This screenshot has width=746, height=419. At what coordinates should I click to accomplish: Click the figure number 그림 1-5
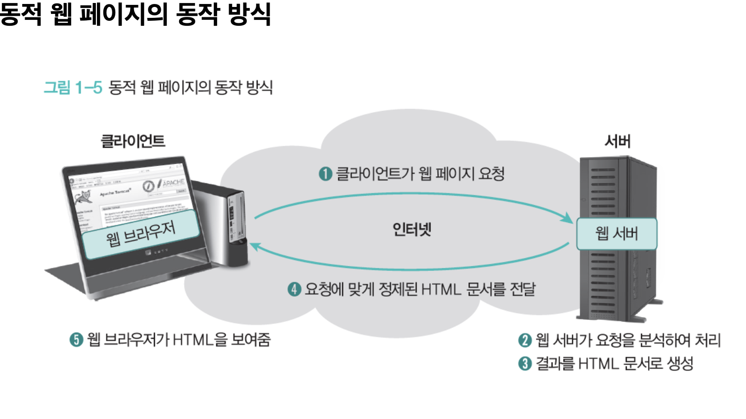coord(73,88)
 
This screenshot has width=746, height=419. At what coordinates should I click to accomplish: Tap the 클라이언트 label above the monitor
coord(133,141)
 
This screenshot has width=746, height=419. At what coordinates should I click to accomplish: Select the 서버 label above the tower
coord(617,141)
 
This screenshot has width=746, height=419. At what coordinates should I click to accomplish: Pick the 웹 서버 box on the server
coord(616,233)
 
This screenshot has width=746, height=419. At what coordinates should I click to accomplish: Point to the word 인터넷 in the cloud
coord(412,229)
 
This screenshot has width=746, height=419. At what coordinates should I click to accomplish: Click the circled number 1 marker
coord(325,174)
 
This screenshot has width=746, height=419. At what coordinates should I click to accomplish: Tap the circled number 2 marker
coord(525,340)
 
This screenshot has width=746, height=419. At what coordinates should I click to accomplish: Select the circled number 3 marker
coord(525,364)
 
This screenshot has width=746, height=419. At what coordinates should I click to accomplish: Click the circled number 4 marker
coord(294,289)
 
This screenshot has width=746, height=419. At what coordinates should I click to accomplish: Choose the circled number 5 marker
coord(76,340)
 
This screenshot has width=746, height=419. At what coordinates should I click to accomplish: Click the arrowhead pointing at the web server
coord(567,218)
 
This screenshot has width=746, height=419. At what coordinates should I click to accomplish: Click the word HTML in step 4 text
coord(441,289)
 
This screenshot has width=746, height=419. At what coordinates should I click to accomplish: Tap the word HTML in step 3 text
coord(598,364)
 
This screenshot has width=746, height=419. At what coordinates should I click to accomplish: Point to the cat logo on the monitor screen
coord(84,197)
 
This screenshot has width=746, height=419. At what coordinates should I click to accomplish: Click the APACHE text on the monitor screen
coord(173,182)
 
